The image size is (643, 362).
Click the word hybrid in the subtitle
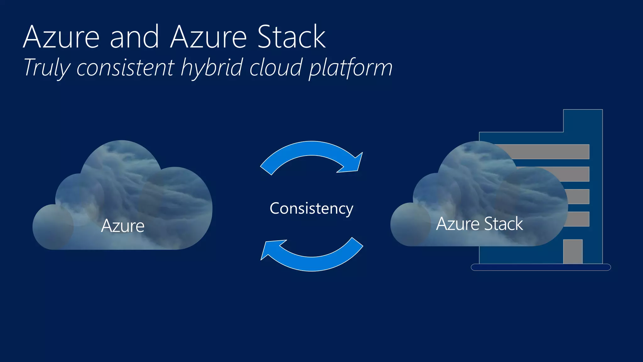click(212, 68)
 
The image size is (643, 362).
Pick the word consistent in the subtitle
click(125, 68)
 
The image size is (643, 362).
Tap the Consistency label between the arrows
click(311, 209)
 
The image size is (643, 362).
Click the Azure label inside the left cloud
click(123, 226)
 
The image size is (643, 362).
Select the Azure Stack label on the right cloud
click(479, 224)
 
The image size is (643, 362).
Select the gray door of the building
click(573, 251)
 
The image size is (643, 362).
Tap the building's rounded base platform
click(541, 267)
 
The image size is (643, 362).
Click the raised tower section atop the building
click(583, 121)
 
